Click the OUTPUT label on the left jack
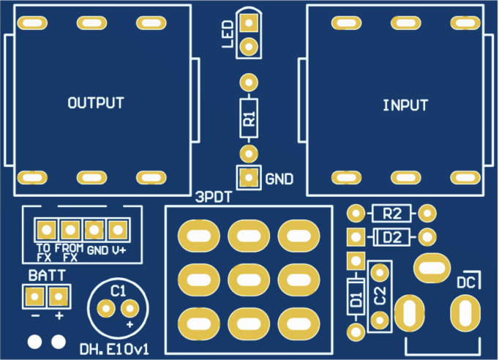click(x=95, y=103)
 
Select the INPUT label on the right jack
click(x=405, y=105)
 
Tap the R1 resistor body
click(x=249, y=117)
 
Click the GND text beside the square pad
click(x=279, y=179)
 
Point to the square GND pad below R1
click(x=249, y=177)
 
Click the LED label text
click(x=228, y=34)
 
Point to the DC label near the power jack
click(x=468, y=282)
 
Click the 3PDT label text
click(x=214, y=197)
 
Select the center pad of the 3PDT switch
click(x=249, y=278)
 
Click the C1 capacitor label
click(x=119, y=291)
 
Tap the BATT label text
click(x=47, y=276)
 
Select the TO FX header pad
click(x=46, y=230)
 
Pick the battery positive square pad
click(x=59, y=296)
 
